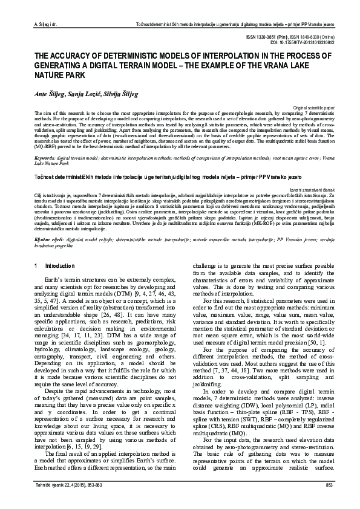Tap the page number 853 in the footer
(329, 485)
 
